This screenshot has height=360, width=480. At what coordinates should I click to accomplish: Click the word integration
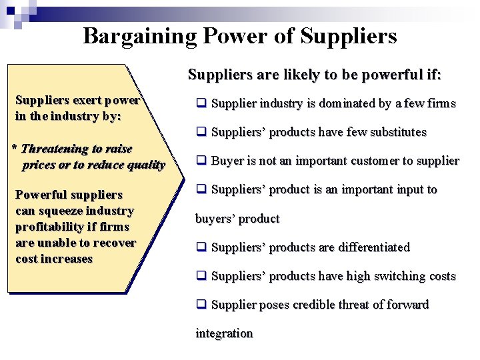[224, 333]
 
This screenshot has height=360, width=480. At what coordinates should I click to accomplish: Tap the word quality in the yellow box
[145, 165]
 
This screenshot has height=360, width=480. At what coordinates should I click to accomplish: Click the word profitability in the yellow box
[51, 227]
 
